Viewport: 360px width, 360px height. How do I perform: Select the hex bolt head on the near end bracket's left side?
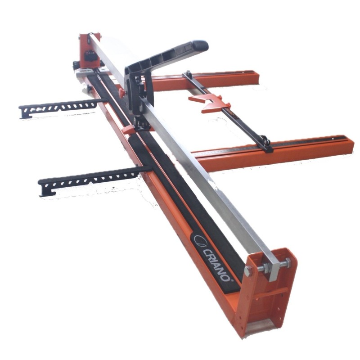click(x=248, y=271)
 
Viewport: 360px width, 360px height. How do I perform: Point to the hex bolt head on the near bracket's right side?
click(x=288, y=262)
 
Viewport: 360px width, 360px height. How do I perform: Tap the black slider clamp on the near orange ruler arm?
click(x=266, y=144)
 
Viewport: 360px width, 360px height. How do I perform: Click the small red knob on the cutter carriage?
click(x=122, y=92)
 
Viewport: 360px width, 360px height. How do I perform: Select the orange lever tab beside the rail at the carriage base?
click(x=128, y=130)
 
